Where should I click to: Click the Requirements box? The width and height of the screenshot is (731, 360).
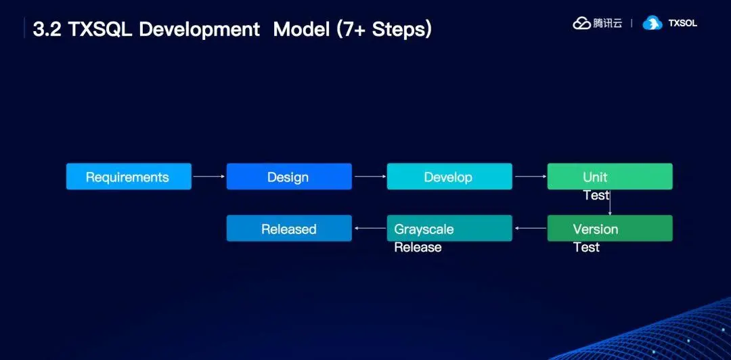tap(129, 177)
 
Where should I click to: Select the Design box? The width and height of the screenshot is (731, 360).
tap(289, 177)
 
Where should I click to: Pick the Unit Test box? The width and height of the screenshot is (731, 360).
tap(610, 177)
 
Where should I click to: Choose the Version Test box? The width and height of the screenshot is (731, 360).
tap(610, 229)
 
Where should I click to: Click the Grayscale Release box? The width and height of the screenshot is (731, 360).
tap(449, 229)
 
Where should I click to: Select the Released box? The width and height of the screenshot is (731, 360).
tap(289, 229)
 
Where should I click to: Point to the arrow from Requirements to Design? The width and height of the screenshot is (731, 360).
tap(208, 177)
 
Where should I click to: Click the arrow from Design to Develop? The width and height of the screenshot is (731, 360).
tap(370, 177)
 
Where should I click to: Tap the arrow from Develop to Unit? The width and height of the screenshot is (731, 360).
tap(530, 177)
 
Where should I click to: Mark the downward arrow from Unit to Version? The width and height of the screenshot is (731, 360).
tap(610, 203)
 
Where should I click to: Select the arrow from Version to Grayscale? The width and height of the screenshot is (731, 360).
tap(530, 229)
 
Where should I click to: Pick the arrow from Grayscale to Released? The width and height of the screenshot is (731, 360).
tap(370, 229)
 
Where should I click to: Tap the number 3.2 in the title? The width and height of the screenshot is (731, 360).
tap(47, 29)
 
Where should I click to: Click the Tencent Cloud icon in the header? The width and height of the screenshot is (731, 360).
tap(582, 23)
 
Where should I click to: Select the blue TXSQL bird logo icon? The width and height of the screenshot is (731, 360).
tap(652, 23)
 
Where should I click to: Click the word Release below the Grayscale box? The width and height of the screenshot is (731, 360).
tap(418, 248)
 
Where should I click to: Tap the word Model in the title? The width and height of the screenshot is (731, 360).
tap(300, 29)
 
